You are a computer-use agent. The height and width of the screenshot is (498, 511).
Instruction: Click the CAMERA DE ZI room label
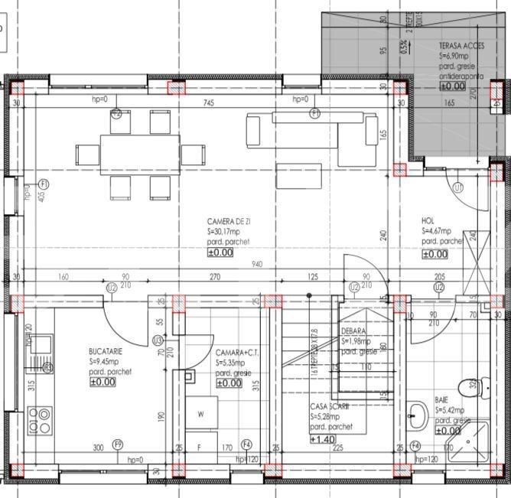(x=229, y=221)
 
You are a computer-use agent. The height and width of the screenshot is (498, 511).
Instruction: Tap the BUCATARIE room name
(x=106, y=351)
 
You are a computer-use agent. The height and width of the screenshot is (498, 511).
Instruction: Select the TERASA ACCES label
(x=461, y=46)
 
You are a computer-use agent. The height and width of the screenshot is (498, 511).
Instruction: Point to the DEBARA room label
(x=353, y=330)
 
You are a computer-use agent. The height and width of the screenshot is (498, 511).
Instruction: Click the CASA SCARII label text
(x=330, y=406)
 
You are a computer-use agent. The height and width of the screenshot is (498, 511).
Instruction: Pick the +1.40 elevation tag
(x=322, y=439)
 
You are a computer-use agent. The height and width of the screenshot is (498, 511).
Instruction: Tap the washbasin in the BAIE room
(x=417, y=417)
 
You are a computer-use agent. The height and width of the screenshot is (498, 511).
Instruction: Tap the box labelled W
(x=201, y=415)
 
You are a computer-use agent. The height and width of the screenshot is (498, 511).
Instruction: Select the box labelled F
(x=200, y=447)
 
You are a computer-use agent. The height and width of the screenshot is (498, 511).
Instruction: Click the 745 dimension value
(x=207, y=103)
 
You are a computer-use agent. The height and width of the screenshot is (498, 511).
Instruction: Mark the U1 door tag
(x=458, y=187)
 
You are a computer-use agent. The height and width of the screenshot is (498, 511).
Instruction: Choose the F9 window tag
(x=118, y=444)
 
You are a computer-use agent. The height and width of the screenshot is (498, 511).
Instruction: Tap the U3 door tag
(x=158, y=340)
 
